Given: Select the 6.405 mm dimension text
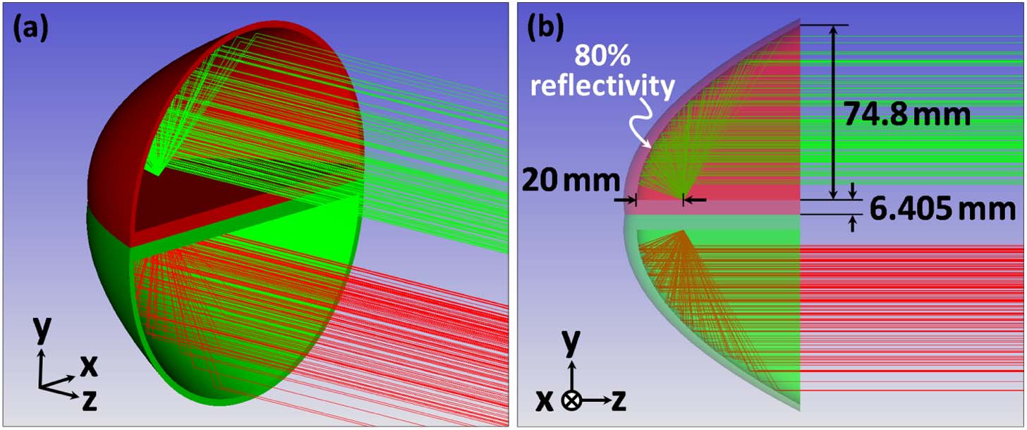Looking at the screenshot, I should (x=942, y=210).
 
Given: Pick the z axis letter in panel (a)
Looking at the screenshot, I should (x=89, y=400).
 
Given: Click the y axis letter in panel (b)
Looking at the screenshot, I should (x=571, y=343).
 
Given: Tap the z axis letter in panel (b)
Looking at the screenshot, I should (x=619, y=400).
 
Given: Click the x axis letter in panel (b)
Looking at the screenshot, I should (x=544, y=400).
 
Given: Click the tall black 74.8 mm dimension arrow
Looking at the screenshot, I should (x=834, y=113).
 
